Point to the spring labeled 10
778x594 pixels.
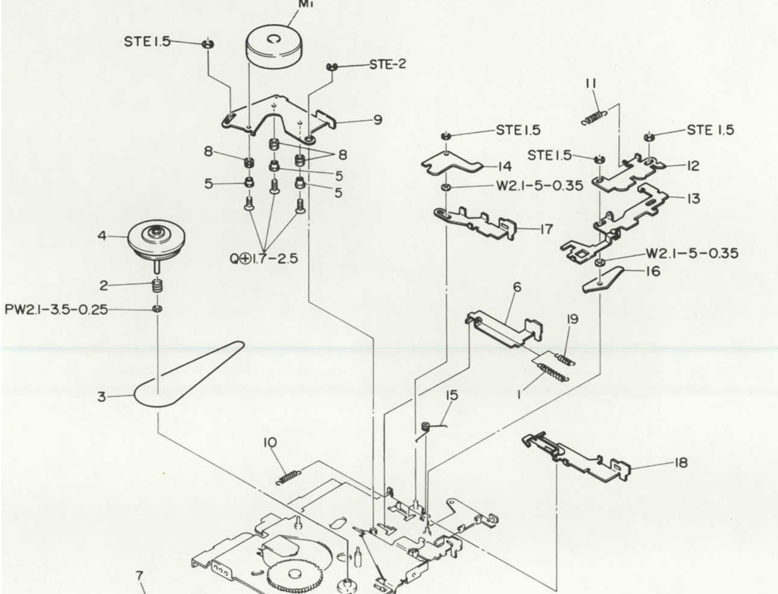point(287,476)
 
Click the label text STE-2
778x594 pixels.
point(387,64)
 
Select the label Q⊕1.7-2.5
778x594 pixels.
point(264,258)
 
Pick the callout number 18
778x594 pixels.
point(681,463)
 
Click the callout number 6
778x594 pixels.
point(517,288)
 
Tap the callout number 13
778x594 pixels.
point(693,199)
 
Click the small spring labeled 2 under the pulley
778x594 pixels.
point(157,286)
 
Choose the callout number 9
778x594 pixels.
point(377,119)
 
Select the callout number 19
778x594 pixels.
point(573,319)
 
